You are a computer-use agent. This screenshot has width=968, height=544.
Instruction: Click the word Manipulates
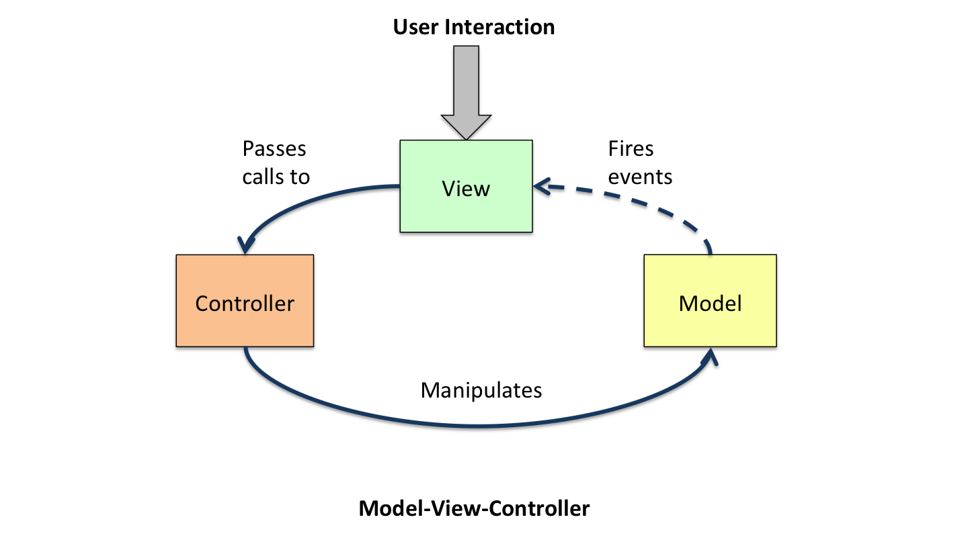[481, 390]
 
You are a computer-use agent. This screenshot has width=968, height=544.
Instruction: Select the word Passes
[274, 148]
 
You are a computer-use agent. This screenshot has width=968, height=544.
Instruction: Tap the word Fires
[631, 148]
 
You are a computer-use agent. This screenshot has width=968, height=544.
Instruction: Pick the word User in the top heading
[415, 27]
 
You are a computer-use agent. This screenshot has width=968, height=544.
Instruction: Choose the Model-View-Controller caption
[474, 508]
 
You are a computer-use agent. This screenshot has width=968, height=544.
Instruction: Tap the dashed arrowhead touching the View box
[542, 187]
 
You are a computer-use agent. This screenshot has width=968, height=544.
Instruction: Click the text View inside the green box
[467, 189]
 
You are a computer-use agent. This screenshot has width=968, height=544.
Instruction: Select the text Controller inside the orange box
[245, 304]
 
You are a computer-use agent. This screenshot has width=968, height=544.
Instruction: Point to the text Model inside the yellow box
[710, 304]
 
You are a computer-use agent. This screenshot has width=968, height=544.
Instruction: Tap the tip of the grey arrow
[467, 138]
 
